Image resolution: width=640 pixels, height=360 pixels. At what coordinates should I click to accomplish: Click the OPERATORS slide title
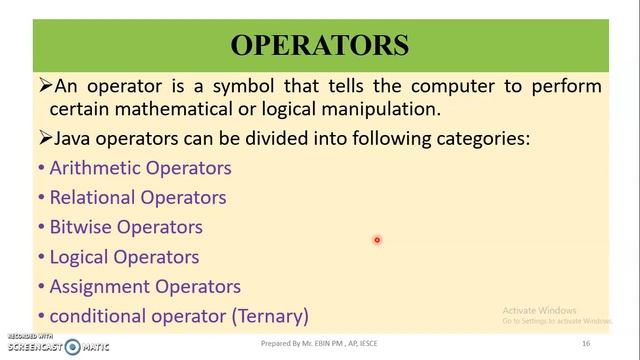pyautogui.click(x=320, y=46)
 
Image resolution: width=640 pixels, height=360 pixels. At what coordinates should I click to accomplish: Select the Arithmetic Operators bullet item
pyautogui.click(x=140, y=168)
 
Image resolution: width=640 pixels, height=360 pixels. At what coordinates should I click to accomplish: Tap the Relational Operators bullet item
pyautogui.click(x=138, y=197)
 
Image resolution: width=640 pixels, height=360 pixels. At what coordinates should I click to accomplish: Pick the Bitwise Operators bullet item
pyautogui.click(x=126, y=227)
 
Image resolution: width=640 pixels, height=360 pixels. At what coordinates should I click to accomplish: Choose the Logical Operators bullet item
pyautogui.click(x=124, y=257)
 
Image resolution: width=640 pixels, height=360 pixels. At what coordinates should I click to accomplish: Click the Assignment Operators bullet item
pyautogui.click(x=145, y=286)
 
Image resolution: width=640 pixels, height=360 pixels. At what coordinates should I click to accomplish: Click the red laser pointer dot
pyautogui.click(x=377, y=240)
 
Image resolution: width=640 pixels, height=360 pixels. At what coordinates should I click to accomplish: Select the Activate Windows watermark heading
pyautogui.click(x=540, y=310)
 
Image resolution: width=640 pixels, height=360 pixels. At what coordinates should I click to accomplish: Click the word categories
pyautogui.click(x=475, y=139)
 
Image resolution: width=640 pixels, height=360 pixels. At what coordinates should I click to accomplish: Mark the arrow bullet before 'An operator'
pyautogui.click(x=44, y=86)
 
